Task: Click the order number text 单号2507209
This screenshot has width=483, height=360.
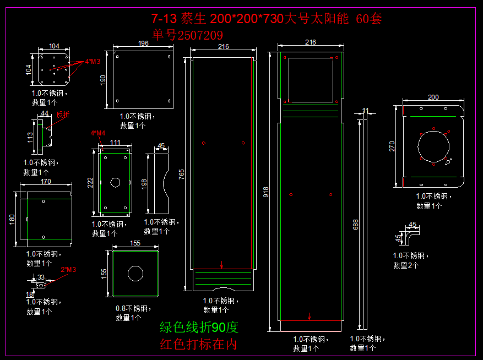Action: (187, 35)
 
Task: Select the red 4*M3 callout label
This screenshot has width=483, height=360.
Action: (93, 62)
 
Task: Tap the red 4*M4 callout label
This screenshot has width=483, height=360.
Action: (97, 133)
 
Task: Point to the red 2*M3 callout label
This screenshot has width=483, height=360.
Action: (68, 270)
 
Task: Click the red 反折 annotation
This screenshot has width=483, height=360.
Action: (63, 115)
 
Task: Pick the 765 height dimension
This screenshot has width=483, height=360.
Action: (181, 174)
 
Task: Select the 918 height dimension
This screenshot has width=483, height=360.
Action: (266, 192)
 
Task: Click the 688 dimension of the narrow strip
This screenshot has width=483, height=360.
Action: (356, 225)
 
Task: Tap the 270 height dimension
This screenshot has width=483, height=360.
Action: (392, 146)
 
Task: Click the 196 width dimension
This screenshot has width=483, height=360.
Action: (143, 43)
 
